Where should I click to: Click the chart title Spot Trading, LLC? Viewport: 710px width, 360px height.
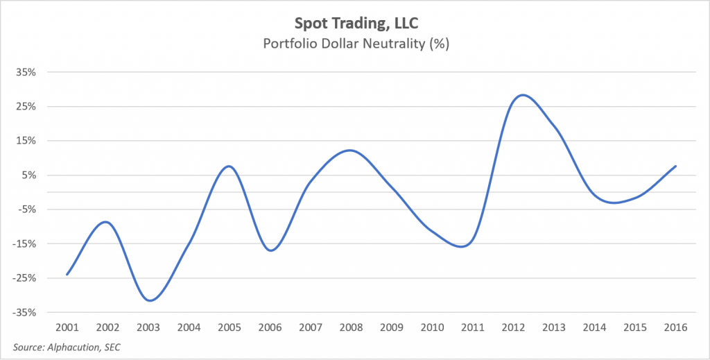(354, 24)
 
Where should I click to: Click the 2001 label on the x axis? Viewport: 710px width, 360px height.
(67, 326)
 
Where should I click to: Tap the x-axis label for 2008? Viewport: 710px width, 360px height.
(351, 326)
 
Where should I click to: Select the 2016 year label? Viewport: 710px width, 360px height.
(675, 326)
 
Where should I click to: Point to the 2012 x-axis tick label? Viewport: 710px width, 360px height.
(513, 326)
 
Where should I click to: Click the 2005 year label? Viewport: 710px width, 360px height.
(230, 326)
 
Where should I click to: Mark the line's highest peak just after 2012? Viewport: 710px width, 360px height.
(523, 95)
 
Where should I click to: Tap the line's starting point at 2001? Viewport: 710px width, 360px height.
(67, 274)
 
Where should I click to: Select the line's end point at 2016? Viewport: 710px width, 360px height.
(675, 166)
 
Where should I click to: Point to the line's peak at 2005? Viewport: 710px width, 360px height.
(230, 166)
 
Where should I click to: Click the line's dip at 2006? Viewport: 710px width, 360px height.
(270, 250)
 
